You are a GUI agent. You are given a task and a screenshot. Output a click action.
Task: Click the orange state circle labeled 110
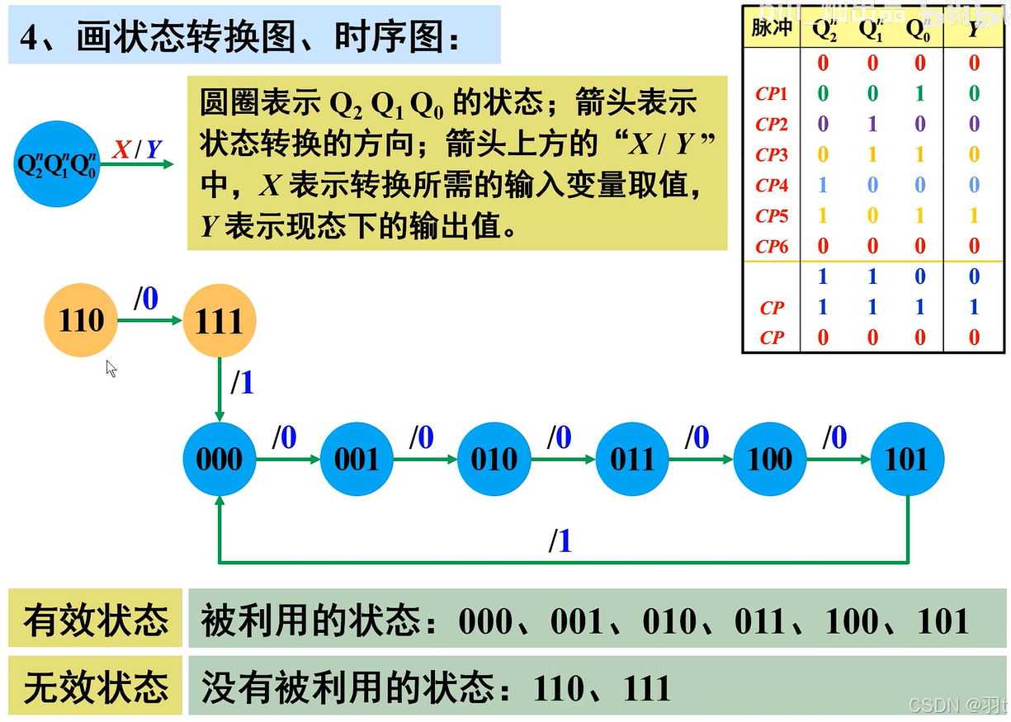[81, 320]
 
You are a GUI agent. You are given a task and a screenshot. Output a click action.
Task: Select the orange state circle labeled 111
[220, 320]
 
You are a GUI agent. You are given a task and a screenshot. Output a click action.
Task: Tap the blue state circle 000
[220, 459]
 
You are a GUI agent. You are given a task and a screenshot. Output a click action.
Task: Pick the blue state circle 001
[357, 459]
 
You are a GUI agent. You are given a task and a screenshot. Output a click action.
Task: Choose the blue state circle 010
[494, 459]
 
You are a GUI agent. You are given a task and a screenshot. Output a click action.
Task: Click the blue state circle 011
[632, 459]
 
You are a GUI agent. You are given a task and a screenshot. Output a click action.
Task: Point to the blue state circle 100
[769, 459]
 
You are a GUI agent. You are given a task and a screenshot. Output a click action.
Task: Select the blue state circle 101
[907, 459]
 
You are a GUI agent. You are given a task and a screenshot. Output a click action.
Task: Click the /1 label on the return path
[560, 541]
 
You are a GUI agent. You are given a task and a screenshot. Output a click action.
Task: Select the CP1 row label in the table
[772, 94]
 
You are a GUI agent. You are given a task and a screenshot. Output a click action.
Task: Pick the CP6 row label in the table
[772, 246]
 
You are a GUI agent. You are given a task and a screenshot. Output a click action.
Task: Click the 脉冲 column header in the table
[772, 28]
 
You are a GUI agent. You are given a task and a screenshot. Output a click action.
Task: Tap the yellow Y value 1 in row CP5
[974, 215]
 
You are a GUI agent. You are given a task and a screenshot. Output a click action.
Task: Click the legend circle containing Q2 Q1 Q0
[58, 163]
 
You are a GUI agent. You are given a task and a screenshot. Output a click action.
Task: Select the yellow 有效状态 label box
[95, 619]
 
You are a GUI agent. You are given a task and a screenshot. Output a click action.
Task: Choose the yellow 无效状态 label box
[95, 686]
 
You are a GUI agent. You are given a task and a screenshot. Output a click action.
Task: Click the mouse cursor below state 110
[111, 368]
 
